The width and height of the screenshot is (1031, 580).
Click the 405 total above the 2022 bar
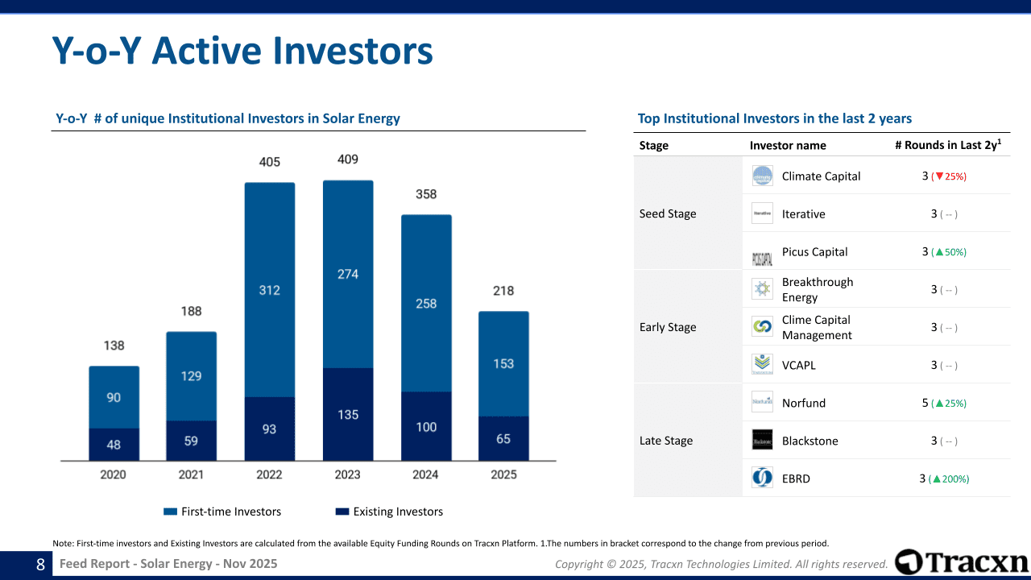pos(270,162)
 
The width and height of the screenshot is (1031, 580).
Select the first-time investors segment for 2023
pos(348,274)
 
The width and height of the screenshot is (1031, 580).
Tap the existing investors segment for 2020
pos(114,445)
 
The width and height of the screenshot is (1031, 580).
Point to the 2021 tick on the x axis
pos(191,474)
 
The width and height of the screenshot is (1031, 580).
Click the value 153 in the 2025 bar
pos(503,364)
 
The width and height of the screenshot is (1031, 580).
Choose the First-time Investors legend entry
pos(222,512)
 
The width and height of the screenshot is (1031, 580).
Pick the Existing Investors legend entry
pos(389,512)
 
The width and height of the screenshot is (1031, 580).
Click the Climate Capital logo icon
pos(762,176)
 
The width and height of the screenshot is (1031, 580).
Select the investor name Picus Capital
pos(814,252)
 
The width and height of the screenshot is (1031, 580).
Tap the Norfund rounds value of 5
pos(925,403)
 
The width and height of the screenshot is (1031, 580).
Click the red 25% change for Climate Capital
pos(950,176)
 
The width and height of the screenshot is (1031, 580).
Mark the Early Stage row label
pos(668,327)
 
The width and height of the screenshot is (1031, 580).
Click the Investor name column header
pos(788,146)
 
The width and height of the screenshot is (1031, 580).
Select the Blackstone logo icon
pos(762,441)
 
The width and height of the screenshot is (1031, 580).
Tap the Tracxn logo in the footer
pos(962,562)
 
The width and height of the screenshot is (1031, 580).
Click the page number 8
pos(40,565)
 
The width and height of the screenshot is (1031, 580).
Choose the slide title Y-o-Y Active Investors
pos(242,51)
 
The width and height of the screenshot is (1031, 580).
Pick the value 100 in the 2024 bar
pos(426,427)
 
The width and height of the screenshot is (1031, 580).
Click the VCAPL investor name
pos(798,366)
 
